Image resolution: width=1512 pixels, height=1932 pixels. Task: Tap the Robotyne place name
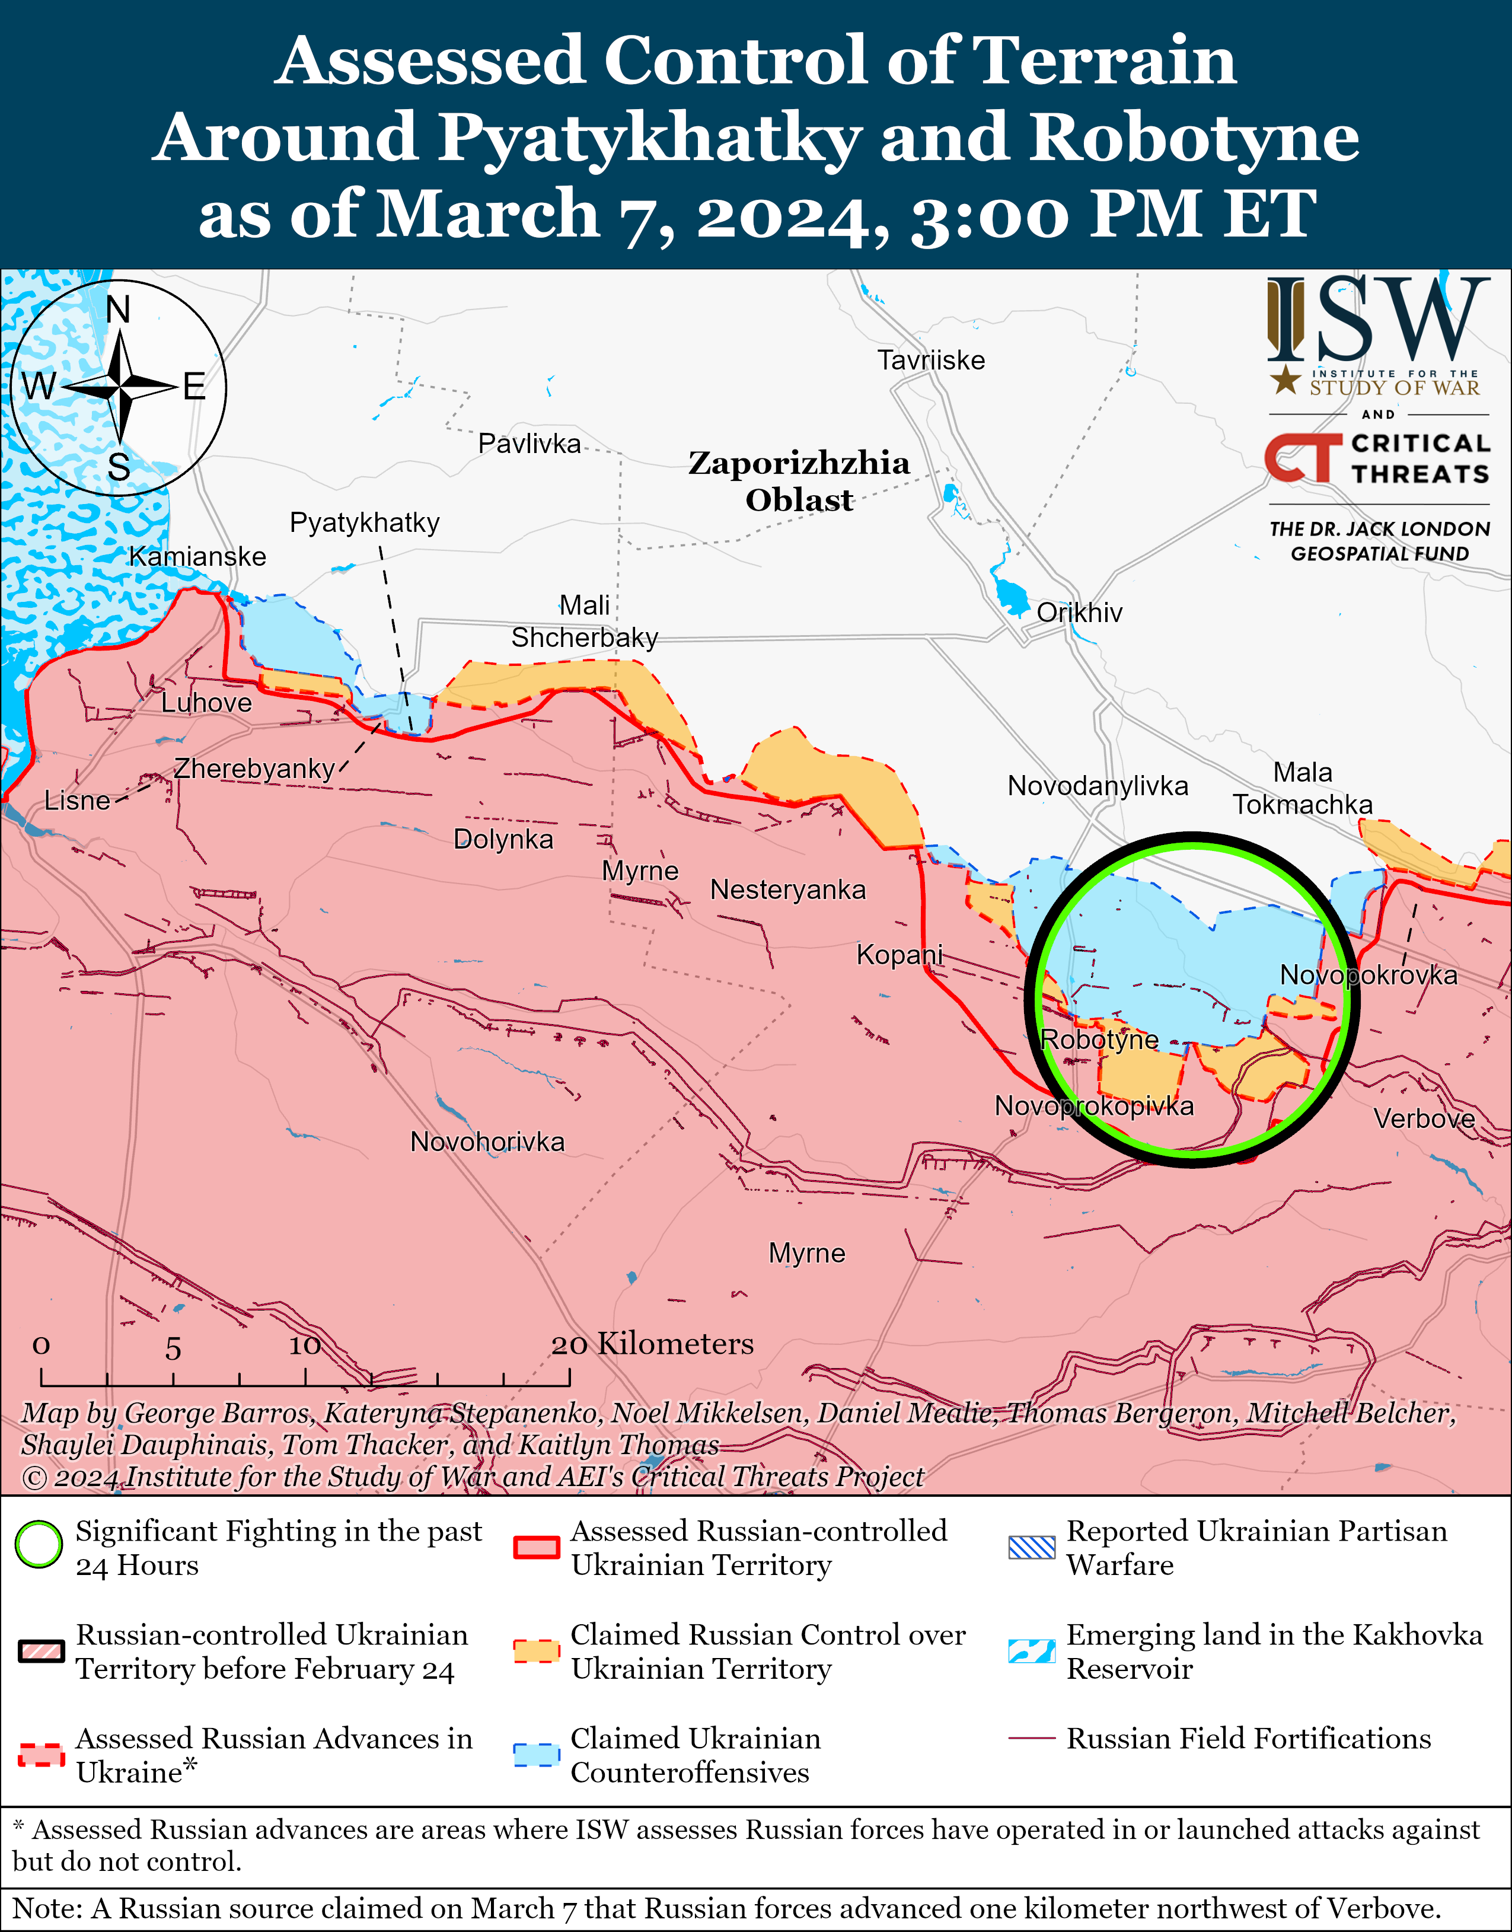click(x=1099, y=1040)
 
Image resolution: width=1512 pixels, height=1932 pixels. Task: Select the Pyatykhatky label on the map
click(x=364, y=522)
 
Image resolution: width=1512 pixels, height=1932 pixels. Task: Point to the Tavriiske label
click(x=930, y=361)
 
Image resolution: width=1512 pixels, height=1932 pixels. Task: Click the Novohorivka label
click(x=487, y=1142)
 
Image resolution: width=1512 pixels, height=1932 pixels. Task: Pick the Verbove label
click(x=1424, y=1118)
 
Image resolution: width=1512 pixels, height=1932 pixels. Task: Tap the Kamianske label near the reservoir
click(x=197, y=557)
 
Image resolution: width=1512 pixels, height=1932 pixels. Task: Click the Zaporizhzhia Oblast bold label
click(x=799, y=481)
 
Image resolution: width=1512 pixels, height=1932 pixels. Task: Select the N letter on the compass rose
click(x=118, y=310)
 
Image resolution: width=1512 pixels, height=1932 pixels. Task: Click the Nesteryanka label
click(x=788, y=890)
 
